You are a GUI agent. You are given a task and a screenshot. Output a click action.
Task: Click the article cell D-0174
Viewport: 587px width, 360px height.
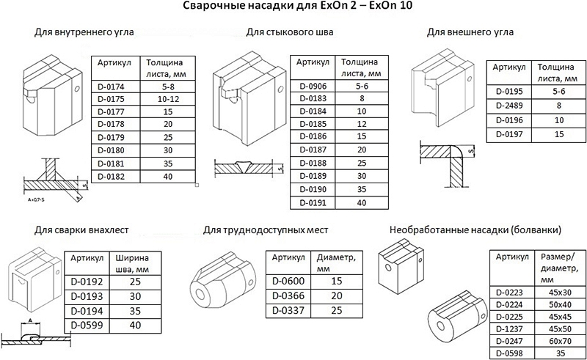pyautogui.click(x=111, y=87)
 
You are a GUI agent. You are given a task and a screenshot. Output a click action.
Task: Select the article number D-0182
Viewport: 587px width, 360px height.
pyautogui.click(x=111, y=177)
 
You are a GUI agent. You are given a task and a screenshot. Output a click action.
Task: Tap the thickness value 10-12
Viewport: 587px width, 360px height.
pyautogui.click(x=168, y=99)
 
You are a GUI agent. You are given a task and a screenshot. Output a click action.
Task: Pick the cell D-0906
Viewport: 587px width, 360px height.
pyautogui.click(x=313, y=86)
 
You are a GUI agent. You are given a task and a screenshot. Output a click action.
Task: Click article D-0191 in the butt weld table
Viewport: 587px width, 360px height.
pyautogui.click(x=313, y=203)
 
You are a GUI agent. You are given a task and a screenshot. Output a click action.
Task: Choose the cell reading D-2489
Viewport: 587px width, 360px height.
pyautogui.click(x=509, y=106)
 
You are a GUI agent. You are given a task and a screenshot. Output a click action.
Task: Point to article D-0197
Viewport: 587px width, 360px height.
pyautogui.click(x=509, y=134)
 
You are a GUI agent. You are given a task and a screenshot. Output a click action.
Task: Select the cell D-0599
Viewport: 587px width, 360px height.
pyautogui.click(x=87, y=326)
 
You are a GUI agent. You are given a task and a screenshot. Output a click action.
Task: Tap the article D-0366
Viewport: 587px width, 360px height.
pyautogui.click(x=288, y=295)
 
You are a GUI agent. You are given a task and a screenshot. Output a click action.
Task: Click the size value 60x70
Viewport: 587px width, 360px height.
pyautogui.click(x=560, y=341)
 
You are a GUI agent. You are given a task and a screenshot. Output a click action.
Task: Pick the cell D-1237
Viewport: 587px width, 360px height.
pyautogui.click(x=509, y=329)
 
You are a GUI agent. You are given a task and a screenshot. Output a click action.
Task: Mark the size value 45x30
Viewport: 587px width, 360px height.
pyautogui.click(x=560, y=293)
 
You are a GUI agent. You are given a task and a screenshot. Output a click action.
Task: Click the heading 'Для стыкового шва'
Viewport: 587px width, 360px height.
pyautogui.click(x=289, y=32)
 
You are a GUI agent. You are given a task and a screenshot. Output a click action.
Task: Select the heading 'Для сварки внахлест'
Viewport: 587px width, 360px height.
pyautogui.click(x=81, y=229)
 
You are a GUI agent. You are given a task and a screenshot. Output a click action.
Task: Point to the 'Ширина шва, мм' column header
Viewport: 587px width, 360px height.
pyautogui.click(x=132, y=263)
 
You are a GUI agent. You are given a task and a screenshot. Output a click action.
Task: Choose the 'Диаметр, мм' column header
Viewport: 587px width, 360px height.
pyautogui.click(x=336, y=263)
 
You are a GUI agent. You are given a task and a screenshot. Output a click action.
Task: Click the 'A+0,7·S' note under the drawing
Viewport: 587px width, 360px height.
pyautogui.click(x=36, y=199)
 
